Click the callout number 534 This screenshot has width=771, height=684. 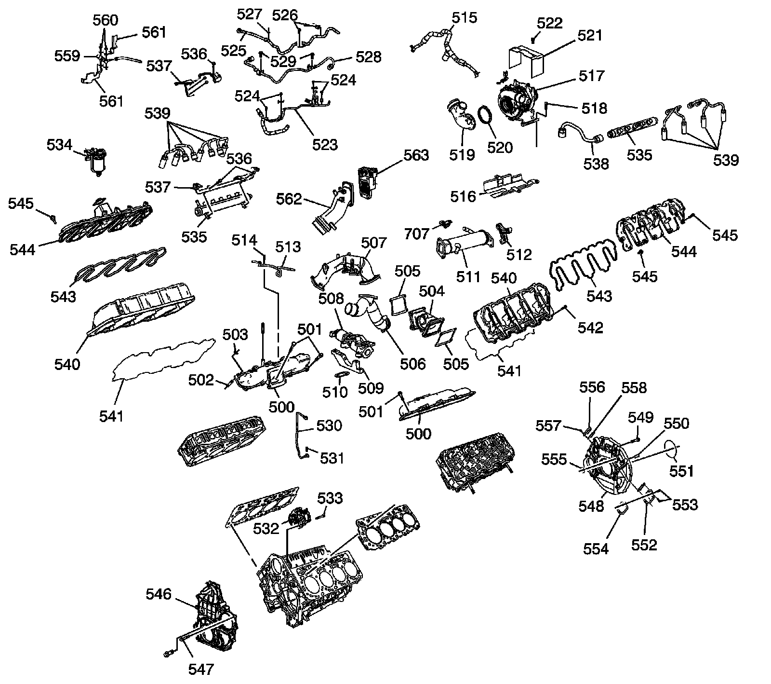59,145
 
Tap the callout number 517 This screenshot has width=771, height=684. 592,76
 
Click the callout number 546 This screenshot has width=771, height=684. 159,594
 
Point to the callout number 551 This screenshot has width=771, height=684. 681,470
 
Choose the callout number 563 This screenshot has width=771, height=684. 416,155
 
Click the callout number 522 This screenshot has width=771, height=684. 549,23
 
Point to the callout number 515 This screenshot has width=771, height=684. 464,18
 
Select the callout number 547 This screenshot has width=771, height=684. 201,669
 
